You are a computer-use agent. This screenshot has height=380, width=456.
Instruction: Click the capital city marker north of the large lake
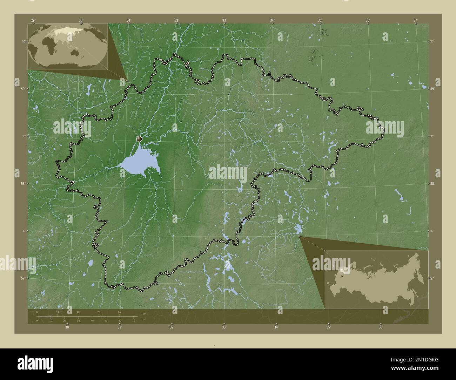pos(140,139)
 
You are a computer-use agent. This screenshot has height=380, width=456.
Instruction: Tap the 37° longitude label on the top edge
pos(415,20)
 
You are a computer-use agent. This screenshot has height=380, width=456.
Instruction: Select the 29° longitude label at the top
pos(33,20)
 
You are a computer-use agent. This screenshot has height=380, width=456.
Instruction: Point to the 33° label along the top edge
pos(224,20)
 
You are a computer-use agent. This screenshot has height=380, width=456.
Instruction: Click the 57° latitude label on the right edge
pos(432,278)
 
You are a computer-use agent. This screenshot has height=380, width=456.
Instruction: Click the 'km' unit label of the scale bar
pos(144,313)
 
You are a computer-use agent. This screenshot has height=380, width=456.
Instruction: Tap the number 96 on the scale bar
pos(120,312)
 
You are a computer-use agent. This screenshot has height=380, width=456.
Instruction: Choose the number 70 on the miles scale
pos(134,321)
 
